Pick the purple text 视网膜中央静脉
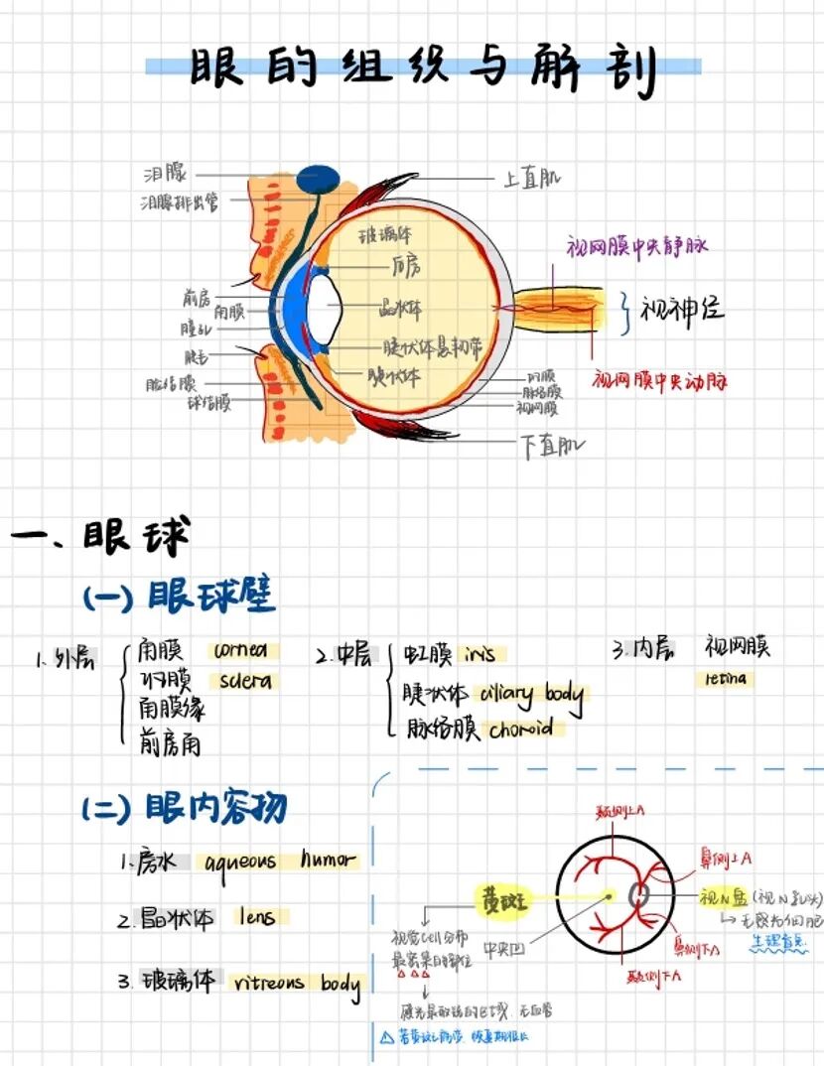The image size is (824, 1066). (636, 246)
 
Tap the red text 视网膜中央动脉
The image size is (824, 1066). (660, 380)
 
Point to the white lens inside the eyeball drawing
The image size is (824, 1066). (326, 309)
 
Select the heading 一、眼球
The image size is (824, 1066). (99, 537)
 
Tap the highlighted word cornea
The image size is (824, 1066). (239, 651)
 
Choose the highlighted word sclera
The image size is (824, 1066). (245, 682)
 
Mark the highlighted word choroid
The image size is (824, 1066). (521, 730)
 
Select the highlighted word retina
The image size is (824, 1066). (726, 679)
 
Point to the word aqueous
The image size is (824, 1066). (241, 862)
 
